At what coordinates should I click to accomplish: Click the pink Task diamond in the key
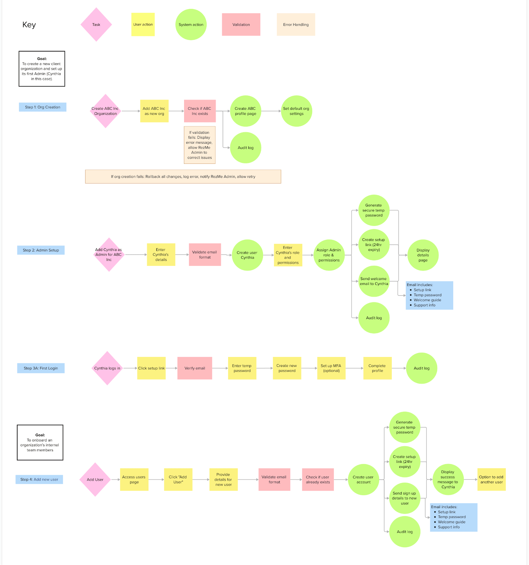coord(96,24)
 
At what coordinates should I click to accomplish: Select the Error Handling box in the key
coord(296,24)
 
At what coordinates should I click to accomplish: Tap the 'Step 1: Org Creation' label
coord(43,107)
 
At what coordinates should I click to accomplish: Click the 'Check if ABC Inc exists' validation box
coord(200,111)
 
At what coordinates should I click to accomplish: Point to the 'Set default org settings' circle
coord(297,111)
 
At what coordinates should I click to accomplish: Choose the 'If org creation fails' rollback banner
coord(183,177)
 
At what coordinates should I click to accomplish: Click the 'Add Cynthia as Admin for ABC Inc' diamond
coord(109,255)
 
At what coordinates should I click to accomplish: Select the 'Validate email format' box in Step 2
coord(205,255)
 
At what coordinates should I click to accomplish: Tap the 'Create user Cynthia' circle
coord(248,255)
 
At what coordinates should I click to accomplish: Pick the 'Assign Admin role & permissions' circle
coord(329,255)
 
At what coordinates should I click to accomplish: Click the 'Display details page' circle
coord(423,255)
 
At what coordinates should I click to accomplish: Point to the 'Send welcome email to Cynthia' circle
coord(374,281)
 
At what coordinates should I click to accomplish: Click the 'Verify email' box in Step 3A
coord(195,368)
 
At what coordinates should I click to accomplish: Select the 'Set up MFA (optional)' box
coord(331,368)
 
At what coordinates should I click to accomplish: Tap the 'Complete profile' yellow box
coord(377,368)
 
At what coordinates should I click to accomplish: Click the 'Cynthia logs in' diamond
coord(107,368)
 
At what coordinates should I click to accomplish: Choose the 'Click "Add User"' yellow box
coord(178,480)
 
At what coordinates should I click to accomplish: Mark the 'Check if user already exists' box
coord(318,480)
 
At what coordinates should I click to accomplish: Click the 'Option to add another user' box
coord(492,480)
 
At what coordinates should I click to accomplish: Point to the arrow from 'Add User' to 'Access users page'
coord(116,480)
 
